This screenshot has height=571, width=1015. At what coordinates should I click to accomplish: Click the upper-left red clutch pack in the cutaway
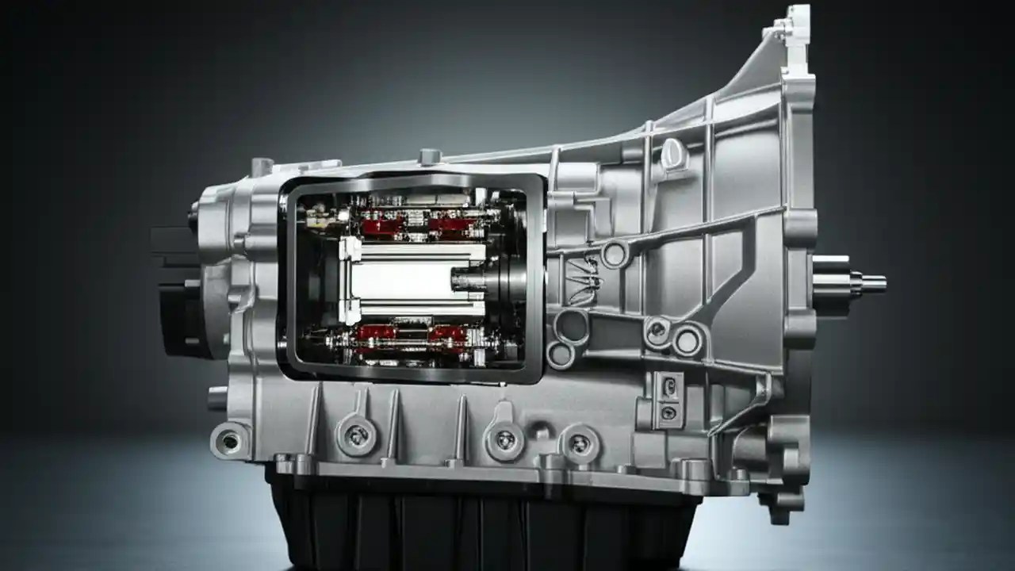[382, 227]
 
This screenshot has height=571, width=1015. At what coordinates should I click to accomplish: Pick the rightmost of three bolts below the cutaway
[579, 443]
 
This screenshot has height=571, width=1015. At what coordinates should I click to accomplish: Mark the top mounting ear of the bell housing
[789, 20]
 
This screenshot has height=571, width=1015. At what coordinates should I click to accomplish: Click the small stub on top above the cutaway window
[430, 156]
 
